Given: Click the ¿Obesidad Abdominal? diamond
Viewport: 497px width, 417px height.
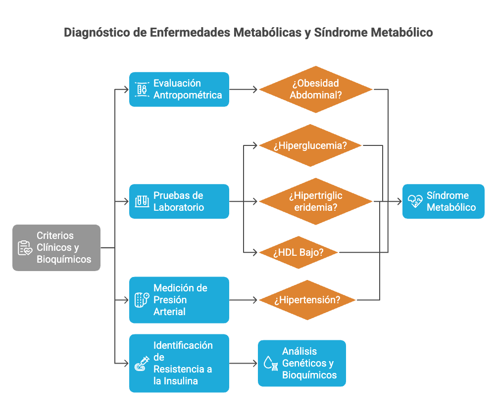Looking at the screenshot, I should click(315, 89).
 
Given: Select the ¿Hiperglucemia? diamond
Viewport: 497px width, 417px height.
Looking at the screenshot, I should click(310, 145).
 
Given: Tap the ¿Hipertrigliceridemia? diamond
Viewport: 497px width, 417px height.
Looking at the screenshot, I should click(315, 201).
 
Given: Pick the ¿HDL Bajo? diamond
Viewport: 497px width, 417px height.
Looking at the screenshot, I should click(298, 252).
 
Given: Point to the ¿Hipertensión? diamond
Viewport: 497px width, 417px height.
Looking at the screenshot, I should click(308, 300).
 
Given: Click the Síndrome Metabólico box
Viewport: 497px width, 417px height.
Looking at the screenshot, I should click(443, 201).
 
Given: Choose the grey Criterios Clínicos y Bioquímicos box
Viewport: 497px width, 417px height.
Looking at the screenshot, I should click(56, 248).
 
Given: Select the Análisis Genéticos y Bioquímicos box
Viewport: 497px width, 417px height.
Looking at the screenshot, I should click(301, 363).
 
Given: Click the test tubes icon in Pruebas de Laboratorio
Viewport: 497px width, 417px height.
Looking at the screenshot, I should click(142, 201).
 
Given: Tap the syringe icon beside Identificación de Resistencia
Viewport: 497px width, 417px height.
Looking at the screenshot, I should click(142, 364).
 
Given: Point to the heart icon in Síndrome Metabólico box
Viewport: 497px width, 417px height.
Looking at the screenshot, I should click(415, 201).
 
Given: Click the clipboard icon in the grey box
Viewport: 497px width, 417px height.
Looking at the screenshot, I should click(25, 248).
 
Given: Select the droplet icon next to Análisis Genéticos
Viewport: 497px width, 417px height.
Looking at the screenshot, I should click(270, 363).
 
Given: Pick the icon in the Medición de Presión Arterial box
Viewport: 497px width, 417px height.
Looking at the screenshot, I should click(142, 300).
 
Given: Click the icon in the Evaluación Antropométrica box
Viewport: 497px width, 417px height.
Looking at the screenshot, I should click(142, 90).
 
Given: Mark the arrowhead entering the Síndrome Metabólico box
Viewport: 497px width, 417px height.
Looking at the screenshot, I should click(398, 201).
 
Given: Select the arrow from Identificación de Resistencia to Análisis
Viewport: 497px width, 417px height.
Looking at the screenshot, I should click(243, 364).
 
